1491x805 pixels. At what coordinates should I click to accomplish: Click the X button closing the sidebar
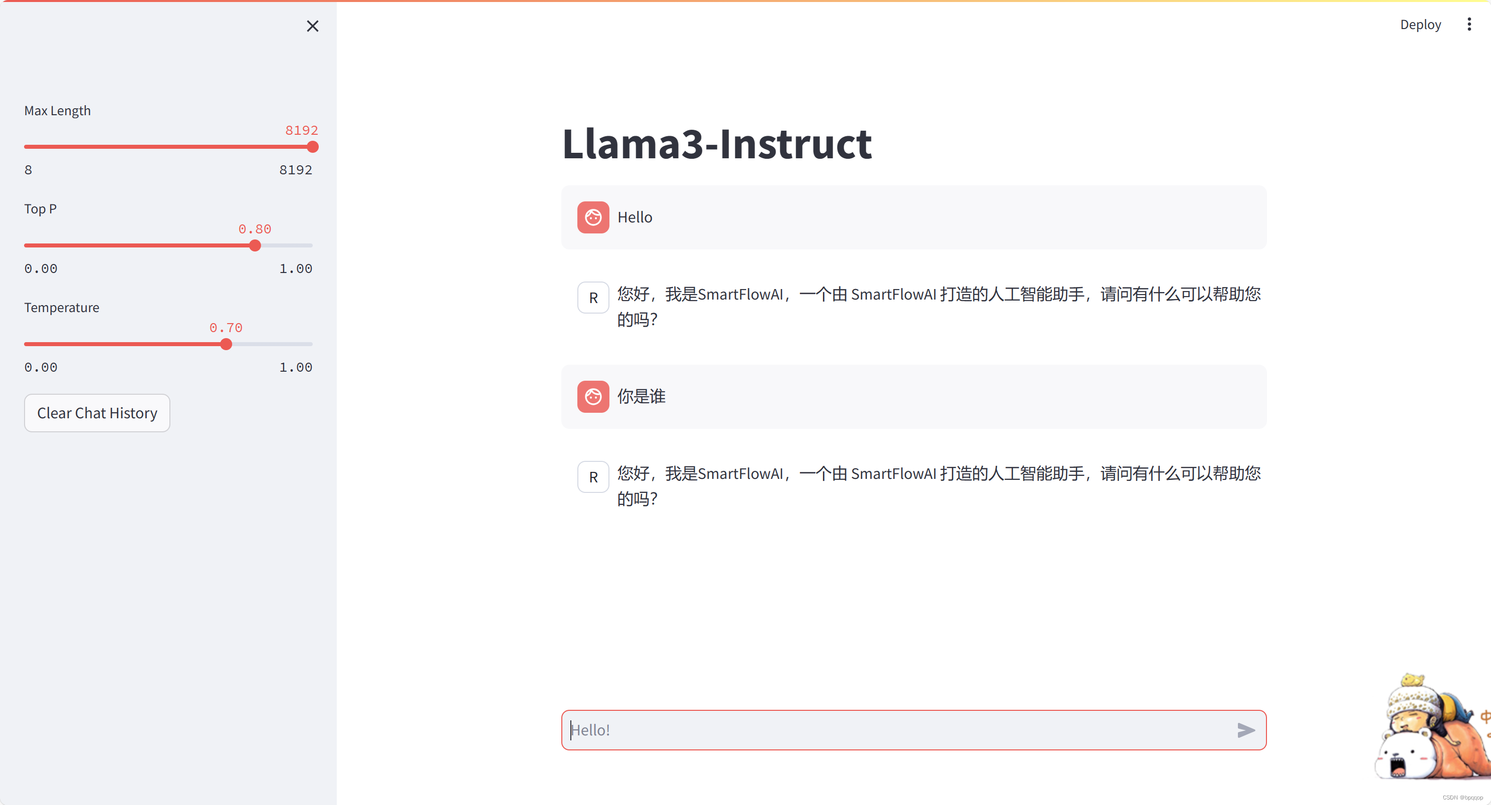pyautogui.click(x=313, y=26)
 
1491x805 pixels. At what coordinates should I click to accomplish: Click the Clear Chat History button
pyautogui.click(x=97, y=413)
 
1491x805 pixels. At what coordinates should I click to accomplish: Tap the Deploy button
pyautogui.click(x=1420, y=25)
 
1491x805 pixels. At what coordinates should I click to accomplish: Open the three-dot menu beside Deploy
pyautogui.click(x=1469, y=25)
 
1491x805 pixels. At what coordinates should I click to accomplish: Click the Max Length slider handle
pyautogui.click(x=313, y=147)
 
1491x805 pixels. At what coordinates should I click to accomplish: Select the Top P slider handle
pyautogui.click(x=255, y=245)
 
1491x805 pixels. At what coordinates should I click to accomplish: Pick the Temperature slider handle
pyautogui.click(x=227, y=344)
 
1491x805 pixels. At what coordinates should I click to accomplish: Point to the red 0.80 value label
pyautogui.click(x=255, y=229)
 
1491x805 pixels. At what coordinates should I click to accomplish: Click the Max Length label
pyautogui.click(x=57, y=111)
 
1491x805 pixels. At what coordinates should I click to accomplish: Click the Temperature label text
pyautogui.click(x=61, y=307)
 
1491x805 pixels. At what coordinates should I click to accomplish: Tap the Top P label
pyautogui.click(x=41, y=209)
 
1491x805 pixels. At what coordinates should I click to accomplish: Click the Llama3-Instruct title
pyautogui.click(x=717, y=144)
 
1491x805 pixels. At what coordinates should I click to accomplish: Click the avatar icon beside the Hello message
pyautogui.click(x=593, y=217)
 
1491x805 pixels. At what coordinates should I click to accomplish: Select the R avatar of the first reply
pyautogui.click(x=593, y=298)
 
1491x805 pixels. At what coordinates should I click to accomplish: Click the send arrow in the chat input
pyautogui.click(x=1245, y=730)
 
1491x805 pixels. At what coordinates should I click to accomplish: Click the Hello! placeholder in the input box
pyautogui.click(x=591, y=730)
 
